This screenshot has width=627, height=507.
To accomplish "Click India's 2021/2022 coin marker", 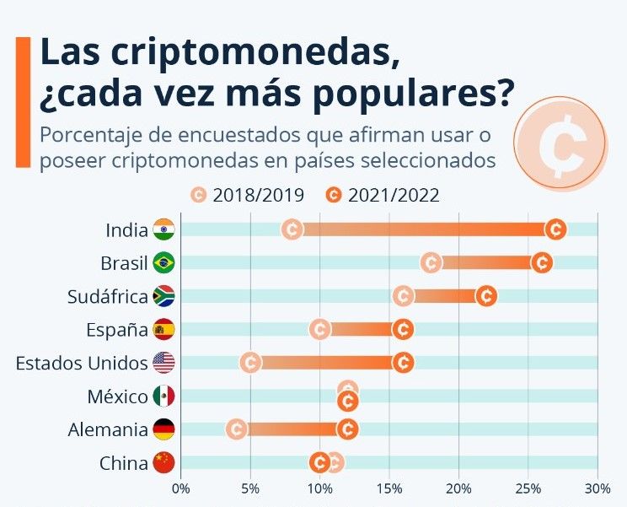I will tap(555, 229).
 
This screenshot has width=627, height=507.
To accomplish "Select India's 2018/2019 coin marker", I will tap(292, 229).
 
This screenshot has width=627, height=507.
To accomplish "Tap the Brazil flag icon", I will tap(163, 262).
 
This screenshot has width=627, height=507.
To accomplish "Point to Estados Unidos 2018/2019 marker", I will tap(250, 363).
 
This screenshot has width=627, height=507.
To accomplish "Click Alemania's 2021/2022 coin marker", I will tap(347, 429).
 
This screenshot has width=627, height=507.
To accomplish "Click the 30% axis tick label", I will tap(598, 488).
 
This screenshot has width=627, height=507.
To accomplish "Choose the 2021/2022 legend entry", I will tap(383, 195).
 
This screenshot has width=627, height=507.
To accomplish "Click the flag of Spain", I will tap(163, 329).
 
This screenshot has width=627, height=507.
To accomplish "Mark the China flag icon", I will tap(163, 462).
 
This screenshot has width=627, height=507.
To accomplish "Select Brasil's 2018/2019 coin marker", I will tap(431, 262).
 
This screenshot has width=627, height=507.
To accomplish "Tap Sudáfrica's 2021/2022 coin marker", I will tap(486, 296).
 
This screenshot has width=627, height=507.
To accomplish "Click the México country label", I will tap(118, 396).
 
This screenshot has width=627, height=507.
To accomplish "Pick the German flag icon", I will tap(163, 429).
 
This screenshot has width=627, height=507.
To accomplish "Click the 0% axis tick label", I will tap(180, 488).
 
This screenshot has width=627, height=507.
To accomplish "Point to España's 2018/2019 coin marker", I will tap(319, 329).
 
